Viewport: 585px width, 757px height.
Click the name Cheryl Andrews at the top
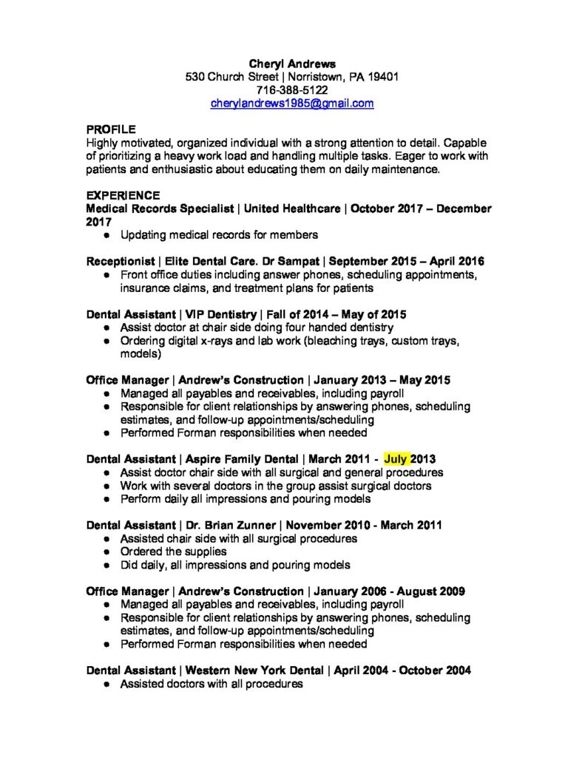click(292, 64)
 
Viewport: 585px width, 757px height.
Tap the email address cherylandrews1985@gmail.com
click(292, 103)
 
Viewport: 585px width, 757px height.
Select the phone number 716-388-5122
click(292, 90)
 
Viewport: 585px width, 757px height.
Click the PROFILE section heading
click(111, 129)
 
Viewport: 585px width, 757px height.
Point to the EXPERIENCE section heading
click(123, 196)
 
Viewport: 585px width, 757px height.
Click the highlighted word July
click(396, 459)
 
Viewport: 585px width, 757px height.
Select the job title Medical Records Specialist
click(159, 209)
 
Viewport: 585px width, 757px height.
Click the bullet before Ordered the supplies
click(107, 552)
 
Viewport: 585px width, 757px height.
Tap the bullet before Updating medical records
click(107, 236)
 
